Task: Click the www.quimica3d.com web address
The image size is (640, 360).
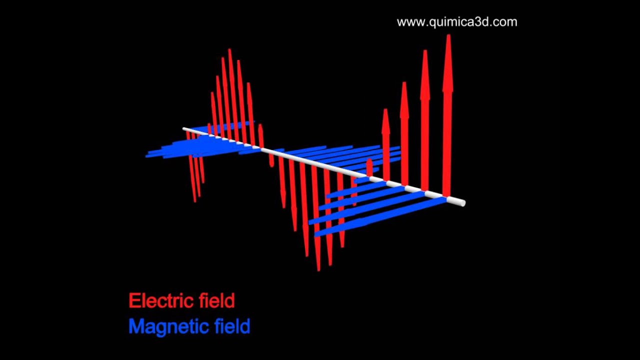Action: point(457,22)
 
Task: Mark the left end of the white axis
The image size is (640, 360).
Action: point(183,129)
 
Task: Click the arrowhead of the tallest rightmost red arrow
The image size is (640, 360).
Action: point(448,63)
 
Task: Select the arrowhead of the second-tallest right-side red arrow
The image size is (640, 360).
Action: point(425,75)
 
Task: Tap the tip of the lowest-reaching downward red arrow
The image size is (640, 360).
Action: point(318,270)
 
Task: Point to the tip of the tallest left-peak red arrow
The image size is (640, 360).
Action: point(229,49)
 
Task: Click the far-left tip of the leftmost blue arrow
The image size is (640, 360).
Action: point(146,156)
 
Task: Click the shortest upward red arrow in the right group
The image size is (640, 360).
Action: point(369,168)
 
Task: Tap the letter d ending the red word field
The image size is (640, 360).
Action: point(229,300)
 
